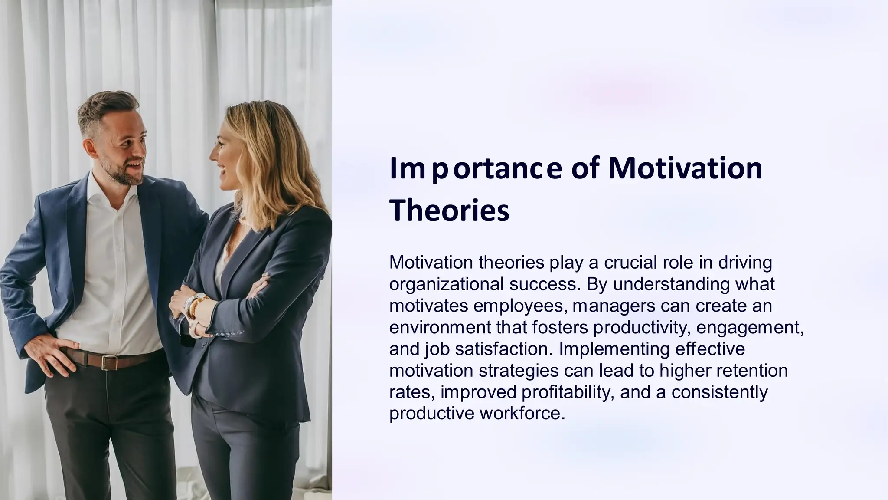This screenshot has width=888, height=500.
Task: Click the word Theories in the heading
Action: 449,211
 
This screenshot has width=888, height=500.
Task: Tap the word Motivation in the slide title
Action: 685,168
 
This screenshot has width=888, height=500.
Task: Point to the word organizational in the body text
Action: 446,284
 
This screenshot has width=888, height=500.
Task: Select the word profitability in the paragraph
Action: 568,392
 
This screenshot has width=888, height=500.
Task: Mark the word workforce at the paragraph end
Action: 522,413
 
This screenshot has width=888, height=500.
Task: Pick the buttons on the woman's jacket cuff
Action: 225,335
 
